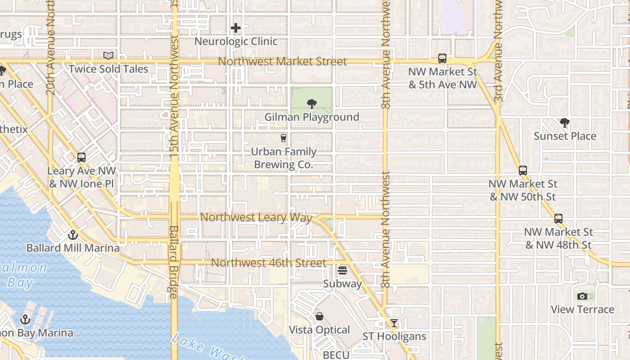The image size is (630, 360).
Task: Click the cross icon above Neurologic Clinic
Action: point(235,28)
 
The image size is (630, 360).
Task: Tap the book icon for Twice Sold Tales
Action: point(108,55)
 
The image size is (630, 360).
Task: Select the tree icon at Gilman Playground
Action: point(311,104)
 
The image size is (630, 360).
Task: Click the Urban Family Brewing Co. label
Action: point(283,158)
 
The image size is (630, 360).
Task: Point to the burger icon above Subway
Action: point(342,270)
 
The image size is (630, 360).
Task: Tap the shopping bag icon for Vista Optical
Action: point(319,316)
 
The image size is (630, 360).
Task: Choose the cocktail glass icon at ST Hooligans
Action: point(394,323)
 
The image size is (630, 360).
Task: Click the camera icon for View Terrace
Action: point(582,296)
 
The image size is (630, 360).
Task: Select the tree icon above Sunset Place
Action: point(564,123)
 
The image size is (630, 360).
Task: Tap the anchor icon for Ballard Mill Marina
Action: point(72,235)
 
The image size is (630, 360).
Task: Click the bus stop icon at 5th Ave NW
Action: point(442,58)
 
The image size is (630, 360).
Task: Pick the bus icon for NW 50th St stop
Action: point(522,171)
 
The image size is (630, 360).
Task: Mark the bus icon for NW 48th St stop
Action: point(558,219)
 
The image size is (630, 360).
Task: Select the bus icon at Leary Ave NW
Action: point(81,157)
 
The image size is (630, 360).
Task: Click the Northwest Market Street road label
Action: point(283,61)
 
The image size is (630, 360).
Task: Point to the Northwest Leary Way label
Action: point(256,217)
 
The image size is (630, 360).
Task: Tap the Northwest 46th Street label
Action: point(269,263)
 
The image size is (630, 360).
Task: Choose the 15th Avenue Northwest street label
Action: point(174,97)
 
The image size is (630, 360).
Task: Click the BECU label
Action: point(336,355)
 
